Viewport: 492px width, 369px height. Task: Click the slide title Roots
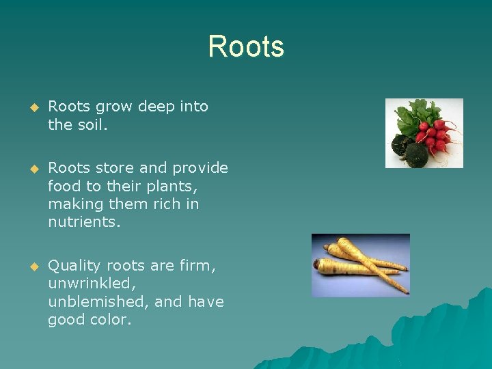pos(246,47)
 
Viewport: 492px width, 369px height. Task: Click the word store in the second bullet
pos(111,168)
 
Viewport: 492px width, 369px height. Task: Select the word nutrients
pos(83,221)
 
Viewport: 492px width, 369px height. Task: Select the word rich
pos(159,204)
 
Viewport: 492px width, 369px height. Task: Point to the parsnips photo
pos(360,265)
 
